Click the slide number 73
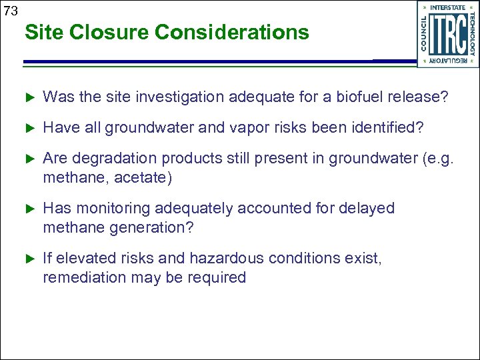pos(10,11)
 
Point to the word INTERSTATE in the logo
pos(448,7)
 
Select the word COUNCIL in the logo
pos(425,33)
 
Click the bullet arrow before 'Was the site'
pos(29,97)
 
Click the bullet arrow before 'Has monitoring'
pos(29,209)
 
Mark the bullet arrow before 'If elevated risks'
pos(29,258)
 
